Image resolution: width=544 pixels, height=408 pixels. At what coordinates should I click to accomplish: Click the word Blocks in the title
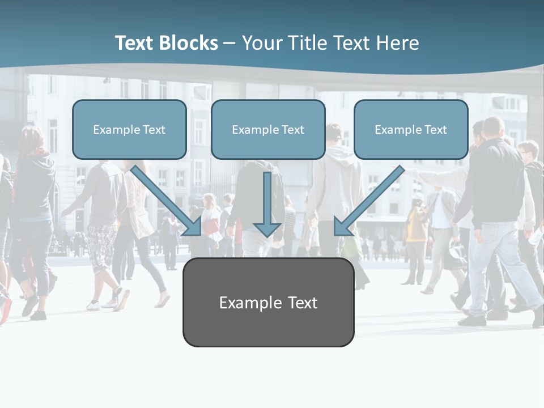[189, 43]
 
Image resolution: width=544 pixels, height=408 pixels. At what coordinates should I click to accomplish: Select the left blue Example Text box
[129, 130]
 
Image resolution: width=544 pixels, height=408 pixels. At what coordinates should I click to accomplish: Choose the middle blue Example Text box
[268, 130]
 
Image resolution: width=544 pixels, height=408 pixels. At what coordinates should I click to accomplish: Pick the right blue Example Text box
[411, 130]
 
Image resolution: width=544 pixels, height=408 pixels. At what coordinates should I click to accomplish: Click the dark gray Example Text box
[268, 303]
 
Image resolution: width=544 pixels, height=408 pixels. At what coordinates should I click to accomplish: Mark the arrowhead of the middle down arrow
[267, 229]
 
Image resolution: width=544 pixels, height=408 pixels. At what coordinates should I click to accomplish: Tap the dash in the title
[229, 43]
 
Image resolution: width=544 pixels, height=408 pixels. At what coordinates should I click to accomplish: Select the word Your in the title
[261, 43]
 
